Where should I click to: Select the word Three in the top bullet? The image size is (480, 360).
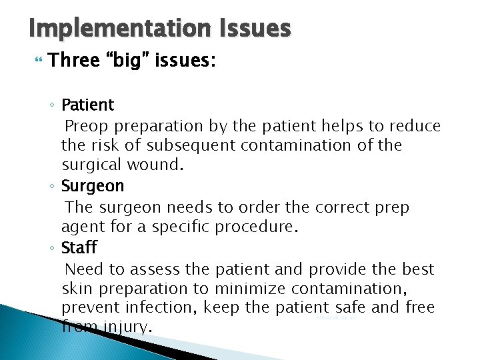73,61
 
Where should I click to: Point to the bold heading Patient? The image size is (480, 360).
87,105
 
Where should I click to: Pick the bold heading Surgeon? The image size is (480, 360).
93,186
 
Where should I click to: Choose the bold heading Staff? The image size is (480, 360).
79,248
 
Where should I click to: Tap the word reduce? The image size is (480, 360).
415,125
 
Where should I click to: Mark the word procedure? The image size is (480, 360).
256,227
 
